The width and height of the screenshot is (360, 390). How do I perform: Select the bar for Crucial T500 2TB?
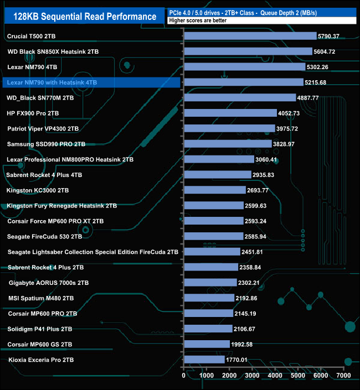tap(250, 36)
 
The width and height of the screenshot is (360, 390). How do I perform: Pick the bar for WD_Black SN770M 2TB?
tap(240, 98)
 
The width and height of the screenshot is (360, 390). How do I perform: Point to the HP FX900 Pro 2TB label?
tap(33, 113)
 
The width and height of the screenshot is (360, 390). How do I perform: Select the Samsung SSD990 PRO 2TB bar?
tap(228, 144)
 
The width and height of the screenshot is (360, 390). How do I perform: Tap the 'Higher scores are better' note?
tap(199, 20)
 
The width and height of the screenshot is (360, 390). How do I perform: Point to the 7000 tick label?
tap(343, 376)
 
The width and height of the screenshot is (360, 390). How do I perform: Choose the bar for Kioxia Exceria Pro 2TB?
tap(204, 360)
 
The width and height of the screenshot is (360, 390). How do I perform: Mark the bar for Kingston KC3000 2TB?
tap(214, 190)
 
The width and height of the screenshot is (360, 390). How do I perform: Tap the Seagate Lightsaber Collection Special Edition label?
tap(93, 252)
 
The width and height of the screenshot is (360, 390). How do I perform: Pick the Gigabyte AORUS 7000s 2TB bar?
tap(210, 283)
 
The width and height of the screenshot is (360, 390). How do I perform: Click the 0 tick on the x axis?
tap(184, 376)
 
